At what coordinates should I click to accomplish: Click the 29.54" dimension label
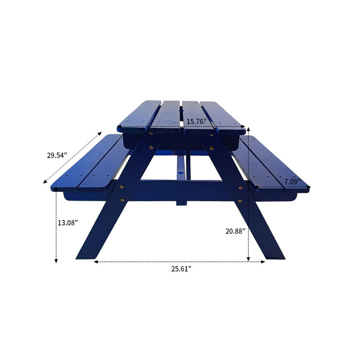coord(57,156)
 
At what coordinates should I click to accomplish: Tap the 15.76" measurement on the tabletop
coord(197,121)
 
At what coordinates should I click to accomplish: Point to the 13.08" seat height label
coord(68,222)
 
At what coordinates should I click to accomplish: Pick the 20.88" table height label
coord(235,231)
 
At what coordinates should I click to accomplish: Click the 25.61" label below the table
coord(181,269)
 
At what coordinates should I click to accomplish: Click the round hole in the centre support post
coord(182,173)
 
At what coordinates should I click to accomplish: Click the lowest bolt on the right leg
coord(239,201)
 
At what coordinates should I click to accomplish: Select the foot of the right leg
coord(275,256)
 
